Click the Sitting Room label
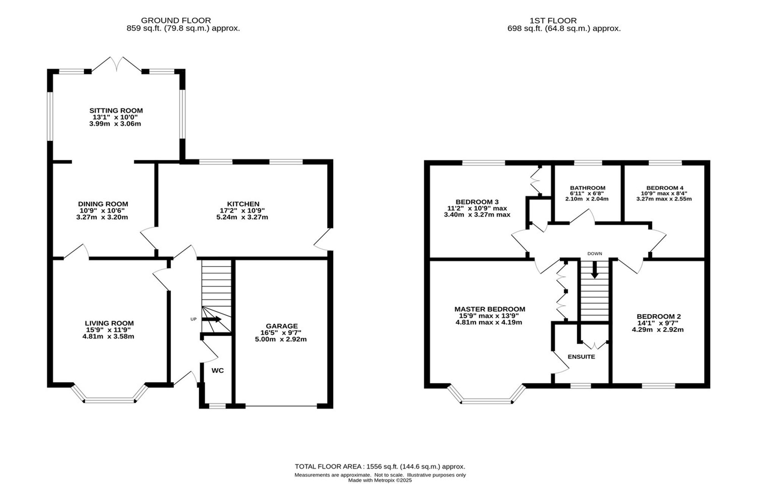coord(116,110)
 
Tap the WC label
coord(218,371)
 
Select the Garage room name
coord(282,326)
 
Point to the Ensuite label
coord(581,357)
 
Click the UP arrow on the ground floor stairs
coord(212,319)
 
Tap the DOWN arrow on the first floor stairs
coord(595,270)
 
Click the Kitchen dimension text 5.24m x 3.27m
coord(244,217)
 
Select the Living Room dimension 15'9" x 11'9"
coord(109,330)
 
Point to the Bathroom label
coord(587,188)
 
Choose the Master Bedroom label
coord(490,309)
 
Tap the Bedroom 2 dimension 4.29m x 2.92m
coord(658,329)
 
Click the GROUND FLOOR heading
coord(176,20)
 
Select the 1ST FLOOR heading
coord(553,21)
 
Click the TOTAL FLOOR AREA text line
coord(380,467)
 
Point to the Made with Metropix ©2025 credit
coord(380,480)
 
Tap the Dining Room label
coord(103,204)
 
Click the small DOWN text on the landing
coord(595,254)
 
